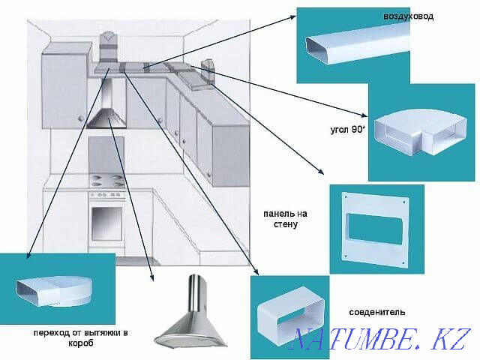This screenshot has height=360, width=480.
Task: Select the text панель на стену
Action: [286, 218]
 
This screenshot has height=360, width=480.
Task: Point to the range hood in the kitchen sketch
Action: [106, 112]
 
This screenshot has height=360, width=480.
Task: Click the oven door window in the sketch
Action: [106, 221]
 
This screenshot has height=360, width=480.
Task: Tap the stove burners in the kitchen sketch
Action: [106, 181]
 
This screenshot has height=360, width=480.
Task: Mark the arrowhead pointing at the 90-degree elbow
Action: [365, 116]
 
